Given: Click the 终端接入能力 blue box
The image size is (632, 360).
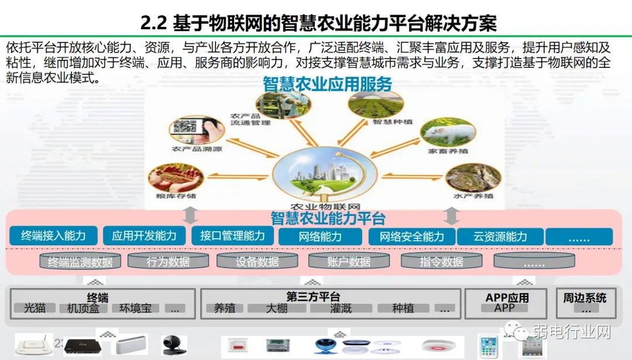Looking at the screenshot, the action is point(54,236).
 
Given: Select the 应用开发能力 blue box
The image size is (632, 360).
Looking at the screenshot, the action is point(144,236).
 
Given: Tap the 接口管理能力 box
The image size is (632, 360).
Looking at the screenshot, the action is point(232,236).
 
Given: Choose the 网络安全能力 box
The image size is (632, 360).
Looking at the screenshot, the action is point(411,236).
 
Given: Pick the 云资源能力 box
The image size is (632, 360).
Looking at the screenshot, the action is point(500,236).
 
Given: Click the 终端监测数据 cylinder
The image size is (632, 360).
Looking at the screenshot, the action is point(80,262).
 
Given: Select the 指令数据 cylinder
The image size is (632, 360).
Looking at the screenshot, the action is point(441,262).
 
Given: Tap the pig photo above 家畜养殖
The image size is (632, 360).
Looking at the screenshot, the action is point(439,132).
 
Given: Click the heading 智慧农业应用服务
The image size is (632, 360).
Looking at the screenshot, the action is point(328,84).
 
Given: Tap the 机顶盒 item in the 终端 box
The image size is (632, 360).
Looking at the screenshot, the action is point(83,308).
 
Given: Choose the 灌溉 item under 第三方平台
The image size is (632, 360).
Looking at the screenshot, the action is point(341,308).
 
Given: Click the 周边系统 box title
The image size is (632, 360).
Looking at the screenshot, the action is point(585,297).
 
